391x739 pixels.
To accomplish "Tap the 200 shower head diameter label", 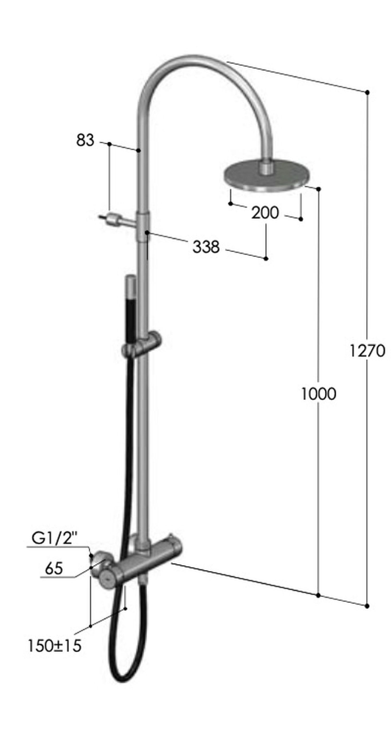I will click(x=265, y=213).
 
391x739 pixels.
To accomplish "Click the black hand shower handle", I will click(x=131, y=316).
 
